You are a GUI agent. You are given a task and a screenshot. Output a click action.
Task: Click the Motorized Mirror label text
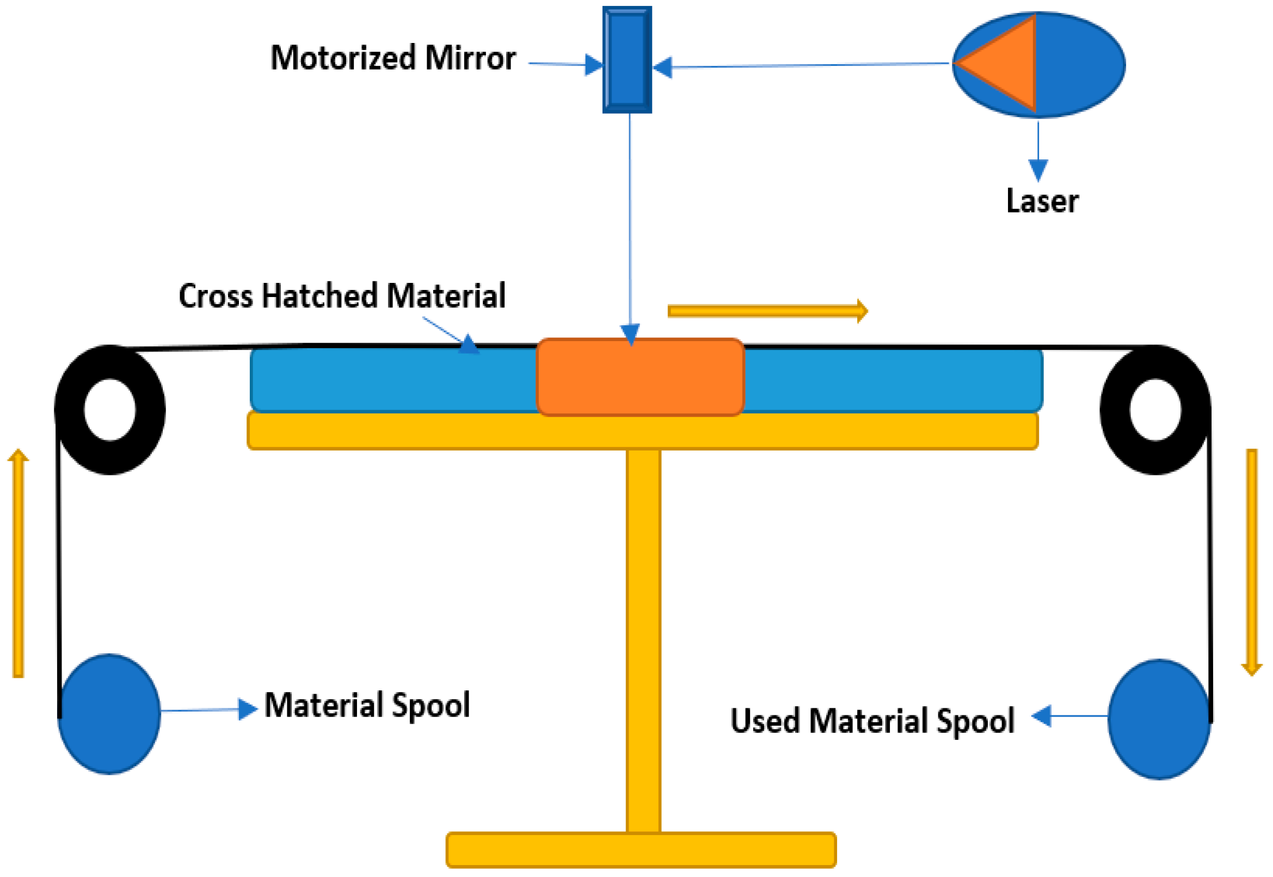pyautogui.click(x=392, y=58)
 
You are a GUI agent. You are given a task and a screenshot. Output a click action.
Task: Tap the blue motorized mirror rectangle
pyautogui.click(x=627, y=59)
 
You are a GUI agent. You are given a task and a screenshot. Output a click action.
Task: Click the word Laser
pyautogui.click(x=1042, y=201)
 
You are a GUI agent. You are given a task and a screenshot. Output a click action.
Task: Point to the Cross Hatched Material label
pyautogui.click(x=342, y=296)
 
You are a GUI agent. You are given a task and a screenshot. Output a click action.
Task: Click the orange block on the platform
pyautogui.click(x=641, y=377)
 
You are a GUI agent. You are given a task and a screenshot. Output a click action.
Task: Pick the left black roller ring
pyautogui.click(x=70, y=410)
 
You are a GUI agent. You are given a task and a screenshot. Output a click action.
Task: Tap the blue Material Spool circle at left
pyautogui.click(x=109, y=714)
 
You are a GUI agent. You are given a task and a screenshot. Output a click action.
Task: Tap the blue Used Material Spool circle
pyautogui.click(x=1159, y=719)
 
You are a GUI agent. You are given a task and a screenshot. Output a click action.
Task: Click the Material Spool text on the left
pyautogui.click(x=367, y=706)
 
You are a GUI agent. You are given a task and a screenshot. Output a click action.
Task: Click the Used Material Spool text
pyautogui.click(x=872, y=721)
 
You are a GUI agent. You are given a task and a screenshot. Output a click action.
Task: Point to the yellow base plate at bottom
pyautogui.click(x=641, y=849)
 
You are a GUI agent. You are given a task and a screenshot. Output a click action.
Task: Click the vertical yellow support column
pyautogui.click(x=643, y=638)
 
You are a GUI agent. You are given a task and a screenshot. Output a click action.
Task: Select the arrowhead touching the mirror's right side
pyautogui.click(x=663, y=67)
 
